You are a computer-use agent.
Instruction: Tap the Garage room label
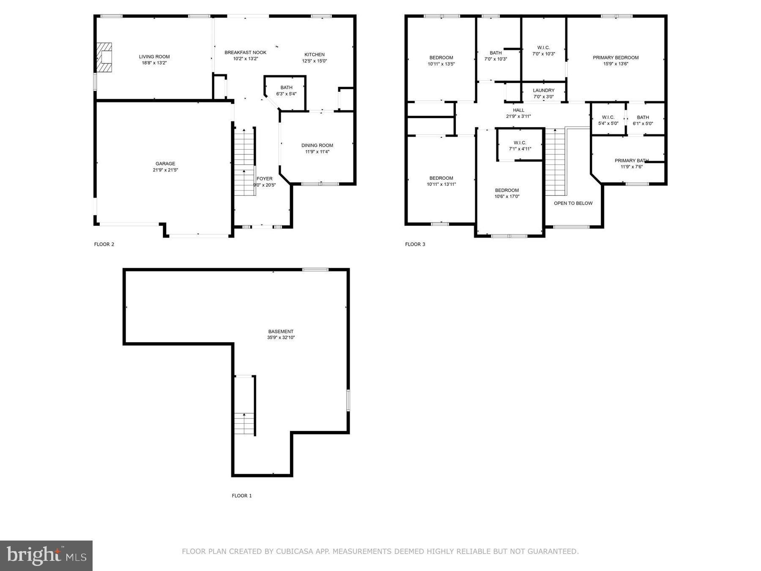tap(165, 164)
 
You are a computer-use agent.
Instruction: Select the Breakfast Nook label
tap(245, 52)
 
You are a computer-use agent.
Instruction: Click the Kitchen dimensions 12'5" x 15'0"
tap(314, 61)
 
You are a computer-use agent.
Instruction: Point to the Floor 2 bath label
tap(286, 88)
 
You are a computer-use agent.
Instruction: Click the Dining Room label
tap(317, 145)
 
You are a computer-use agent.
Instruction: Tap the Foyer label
tap(265, 178)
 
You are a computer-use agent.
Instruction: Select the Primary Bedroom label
tap(616, 58)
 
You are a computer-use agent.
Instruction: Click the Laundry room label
tap(543, 91)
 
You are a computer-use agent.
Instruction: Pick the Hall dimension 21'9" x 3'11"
tap(518, 116)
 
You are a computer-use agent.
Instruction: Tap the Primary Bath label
tap(631, 161)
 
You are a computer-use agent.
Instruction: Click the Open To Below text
tap(573, 203)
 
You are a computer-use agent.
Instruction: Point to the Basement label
tap(281, 332)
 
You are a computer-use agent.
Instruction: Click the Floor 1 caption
tap(242, 496)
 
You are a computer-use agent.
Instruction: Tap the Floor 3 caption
tap(415, 244)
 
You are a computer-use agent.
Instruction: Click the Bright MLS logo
tap(46, 555)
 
